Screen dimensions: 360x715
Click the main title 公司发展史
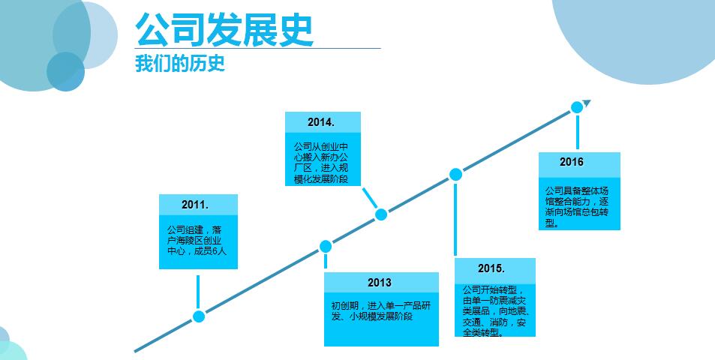(x=224, y=29)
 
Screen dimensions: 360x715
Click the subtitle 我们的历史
(x=180, y=64)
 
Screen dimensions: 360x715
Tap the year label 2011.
(x=195, y=205)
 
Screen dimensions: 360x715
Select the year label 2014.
(x=321, y=122)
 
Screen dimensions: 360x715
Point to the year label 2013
(x=380, y=283)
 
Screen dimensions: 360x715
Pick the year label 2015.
(x=491, y=268)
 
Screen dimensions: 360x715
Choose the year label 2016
(x=571, y=162)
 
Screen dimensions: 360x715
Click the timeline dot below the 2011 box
(x=199, y=316)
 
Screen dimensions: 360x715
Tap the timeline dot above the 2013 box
(x=326, y=246)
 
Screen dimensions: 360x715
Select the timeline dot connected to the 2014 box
(x=381, y=214)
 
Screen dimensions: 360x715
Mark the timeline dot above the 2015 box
(x=455, y=175)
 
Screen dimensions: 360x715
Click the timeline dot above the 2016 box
(x=577, y=107)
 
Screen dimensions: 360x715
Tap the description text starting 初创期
(x=380, y=311)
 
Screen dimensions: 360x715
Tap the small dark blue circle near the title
(x=65, y=71)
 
